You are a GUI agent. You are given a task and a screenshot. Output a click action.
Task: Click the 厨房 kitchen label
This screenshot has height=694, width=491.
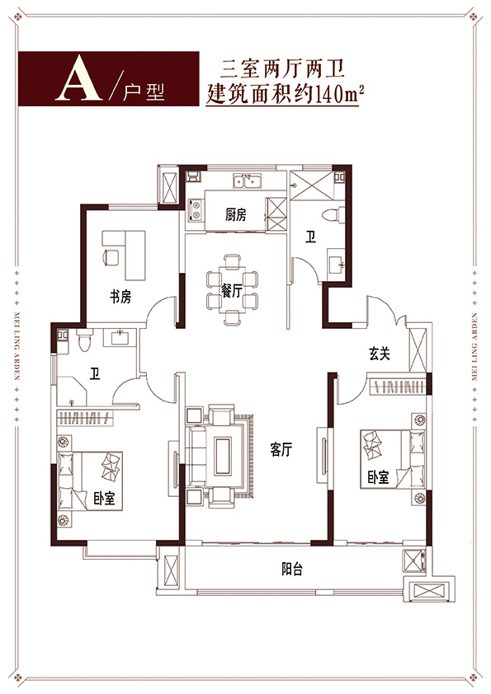235,215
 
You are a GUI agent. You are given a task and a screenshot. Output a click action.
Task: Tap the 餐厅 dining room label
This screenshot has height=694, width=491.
232,291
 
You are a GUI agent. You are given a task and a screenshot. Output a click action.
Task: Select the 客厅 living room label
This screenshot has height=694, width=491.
281,450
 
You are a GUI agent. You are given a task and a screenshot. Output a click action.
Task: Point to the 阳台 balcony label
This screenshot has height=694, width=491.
292,569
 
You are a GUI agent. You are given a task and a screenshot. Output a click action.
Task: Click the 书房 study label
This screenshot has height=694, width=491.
120,297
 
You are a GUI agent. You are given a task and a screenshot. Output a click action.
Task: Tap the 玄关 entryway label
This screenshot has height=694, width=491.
380,354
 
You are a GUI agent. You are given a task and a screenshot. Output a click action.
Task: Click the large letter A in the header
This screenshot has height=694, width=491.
79,78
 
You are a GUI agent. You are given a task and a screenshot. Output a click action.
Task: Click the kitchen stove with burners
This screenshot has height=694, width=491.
196,210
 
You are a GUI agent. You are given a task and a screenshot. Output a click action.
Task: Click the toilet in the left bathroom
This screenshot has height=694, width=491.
83,340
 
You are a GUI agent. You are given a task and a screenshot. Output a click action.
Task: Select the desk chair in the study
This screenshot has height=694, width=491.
111,256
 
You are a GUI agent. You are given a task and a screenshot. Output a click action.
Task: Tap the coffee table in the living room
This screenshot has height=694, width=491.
223,456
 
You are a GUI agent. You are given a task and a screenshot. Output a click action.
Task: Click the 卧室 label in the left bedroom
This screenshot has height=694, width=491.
104,499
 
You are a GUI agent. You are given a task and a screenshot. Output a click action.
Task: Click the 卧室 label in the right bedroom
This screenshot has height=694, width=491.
378,477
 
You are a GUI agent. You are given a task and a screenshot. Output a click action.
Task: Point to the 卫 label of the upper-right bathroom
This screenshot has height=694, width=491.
310,237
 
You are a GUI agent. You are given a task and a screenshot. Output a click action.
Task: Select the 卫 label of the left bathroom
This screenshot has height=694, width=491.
94,374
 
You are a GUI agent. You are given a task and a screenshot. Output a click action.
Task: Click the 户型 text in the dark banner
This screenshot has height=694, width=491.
144,91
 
